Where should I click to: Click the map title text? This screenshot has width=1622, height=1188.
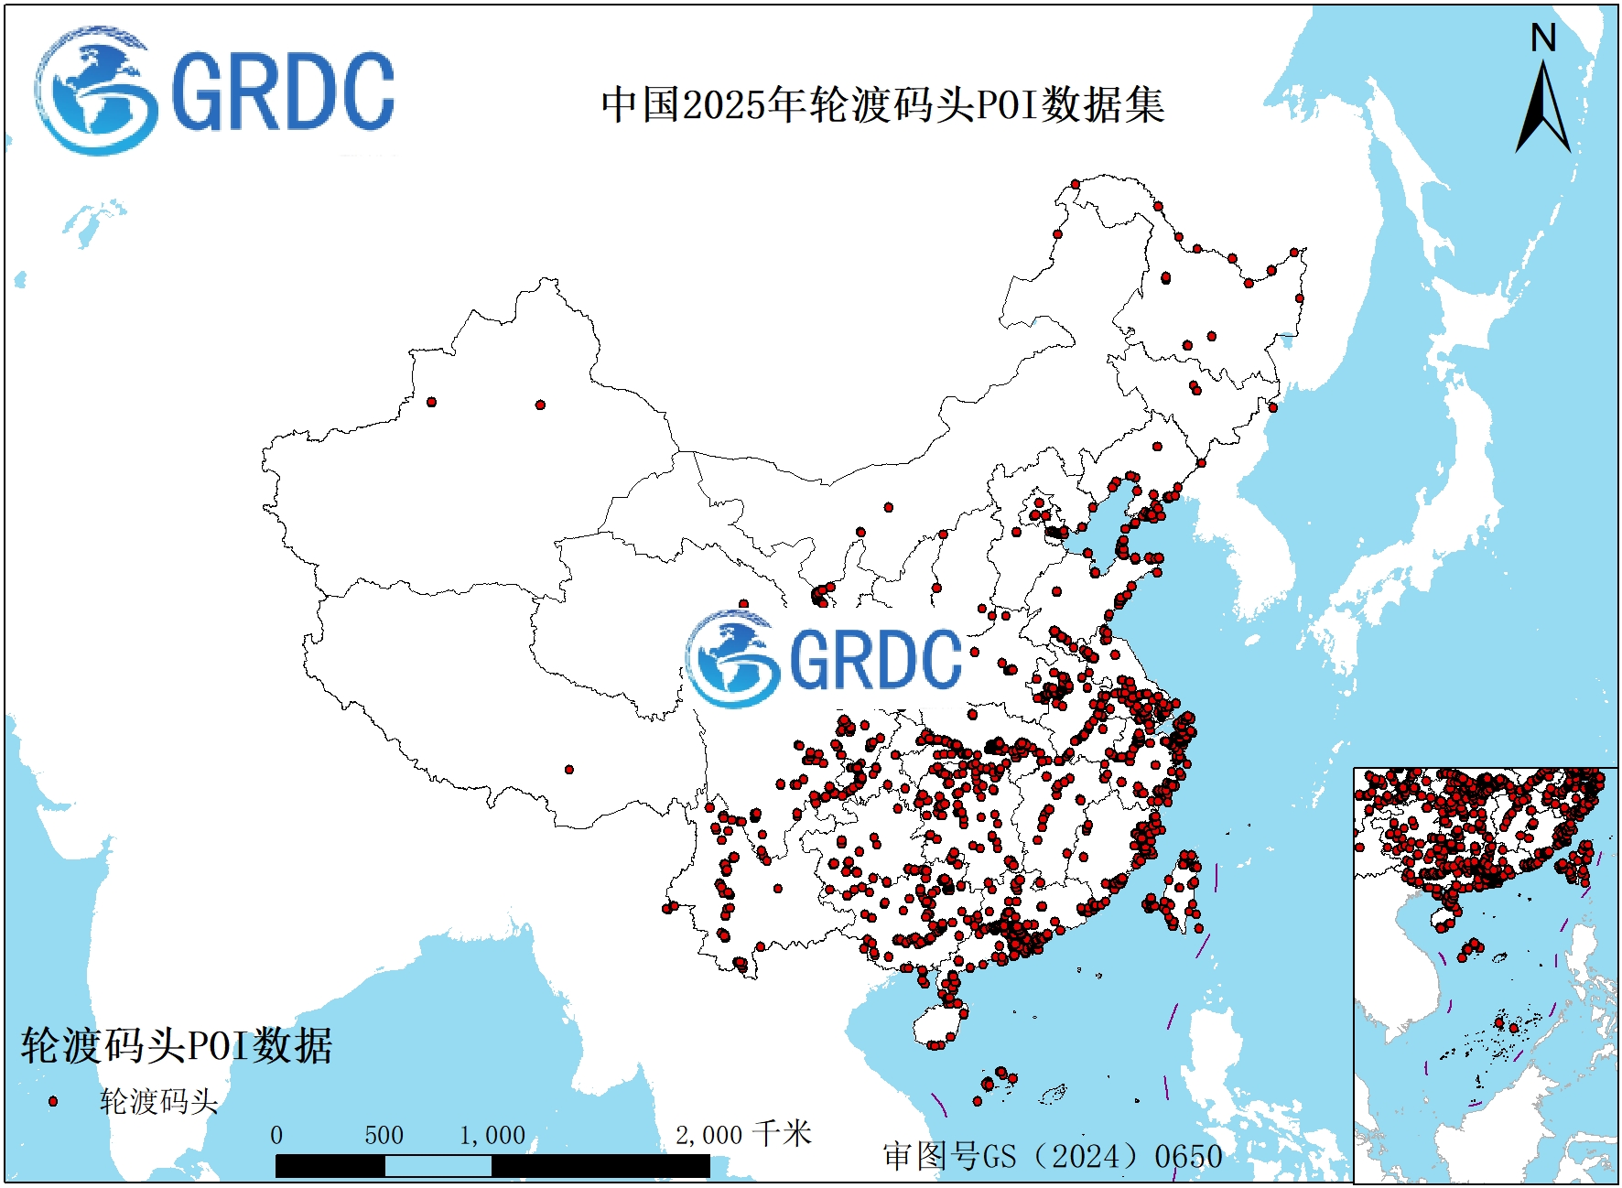click(x=882, y=104)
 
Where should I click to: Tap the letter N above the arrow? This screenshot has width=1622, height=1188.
click(x=1543, y=38)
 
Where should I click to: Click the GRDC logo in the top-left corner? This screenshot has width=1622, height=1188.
click(x=215, y=91)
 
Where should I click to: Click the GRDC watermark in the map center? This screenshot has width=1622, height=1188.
click(x=824, y=659)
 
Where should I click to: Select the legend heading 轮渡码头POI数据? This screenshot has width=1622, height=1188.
click(x=177, y=1045)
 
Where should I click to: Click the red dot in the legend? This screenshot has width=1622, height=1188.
click(x=53, y=1101)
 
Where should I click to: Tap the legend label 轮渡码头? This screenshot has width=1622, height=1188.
click(x=158, y=1101)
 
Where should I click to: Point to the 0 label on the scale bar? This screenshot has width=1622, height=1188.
click(x=276, y=1136)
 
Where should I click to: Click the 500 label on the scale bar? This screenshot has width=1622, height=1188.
click(x=384, y=1136)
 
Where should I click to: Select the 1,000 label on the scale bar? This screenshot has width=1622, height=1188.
click(x=492, y=1136)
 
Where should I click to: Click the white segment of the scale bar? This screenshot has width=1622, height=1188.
click(x=438, y=1166)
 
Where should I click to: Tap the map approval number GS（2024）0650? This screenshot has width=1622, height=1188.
click(x=1053, y=1156)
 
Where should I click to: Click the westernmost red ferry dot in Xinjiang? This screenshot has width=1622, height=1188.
click(x=431, y=402)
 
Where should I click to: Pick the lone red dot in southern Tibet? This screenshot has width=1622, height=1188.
click(x=569, y=770)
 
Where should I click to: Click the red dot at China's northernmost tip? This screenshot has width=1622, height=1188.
click(x=1076, y=184)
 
